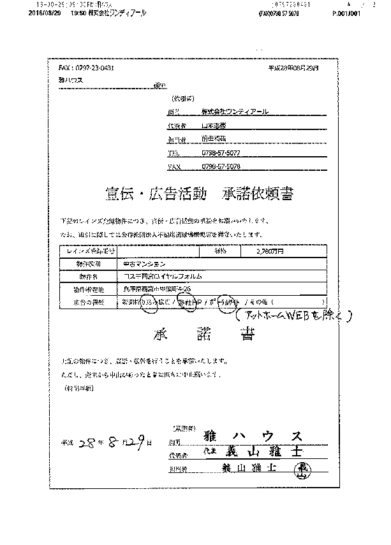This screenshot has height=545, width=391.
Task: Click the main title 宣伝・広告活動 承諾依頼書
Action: pyautogui.click(x=200, y=194)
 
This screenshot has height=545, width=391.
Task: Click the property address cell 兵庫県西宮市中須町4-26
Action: pyautogui.click(x=151, y=289)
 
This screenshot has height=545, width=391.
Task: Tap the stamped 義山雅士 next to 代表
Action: pyautogui.click(x=262, y=453)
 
